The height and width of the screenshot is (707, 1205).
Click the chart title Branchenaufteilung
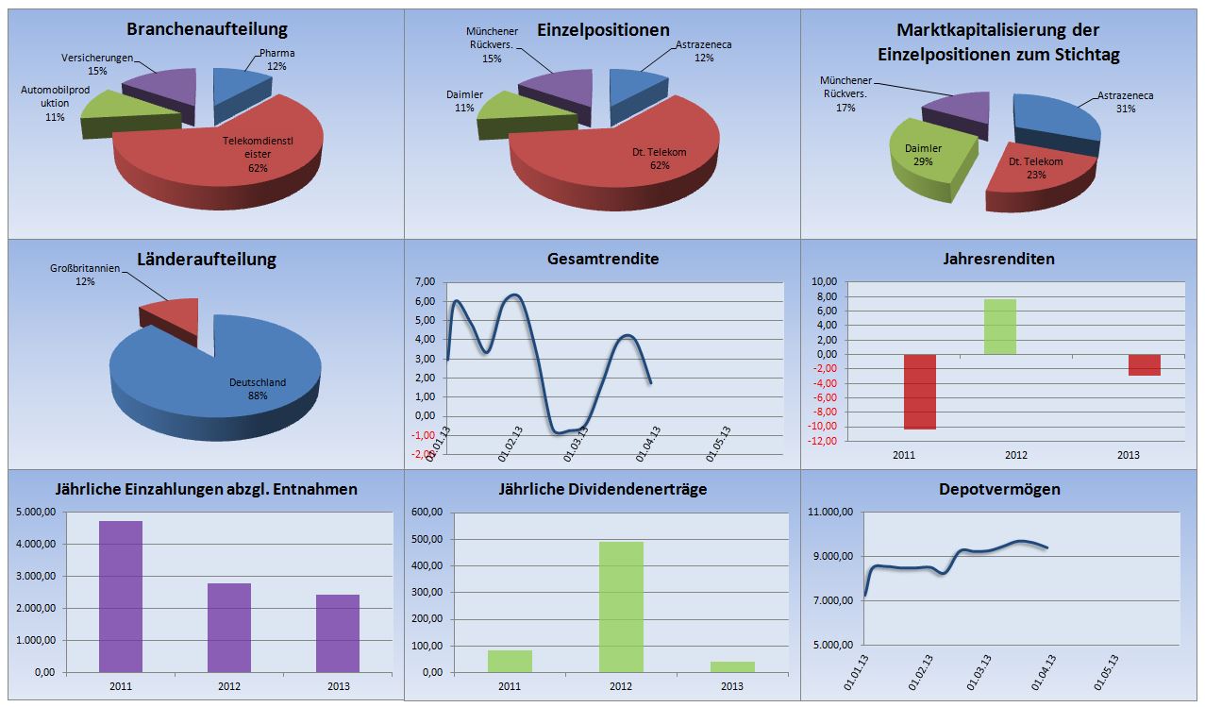206,30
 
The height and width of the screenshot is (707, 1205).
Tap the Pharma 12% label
276,60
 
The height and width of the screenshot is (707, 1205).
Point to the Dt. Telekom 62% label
659,159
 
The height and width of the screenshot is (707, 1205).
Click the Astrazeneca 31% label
1125,102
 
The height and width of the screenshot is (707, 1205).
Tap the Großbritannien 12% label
85,275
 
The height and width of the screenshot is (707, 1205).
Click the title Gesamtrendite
603,259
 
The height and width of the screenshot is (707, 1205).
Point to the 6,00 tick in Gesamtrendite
425,301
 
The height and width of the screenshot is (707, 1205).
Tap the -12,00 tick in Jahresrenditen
824,441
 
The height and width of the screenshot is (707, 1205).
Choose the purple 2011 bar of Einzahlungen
121,597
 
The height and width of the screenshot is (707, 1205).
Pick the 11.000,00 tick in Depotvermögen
832,512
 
